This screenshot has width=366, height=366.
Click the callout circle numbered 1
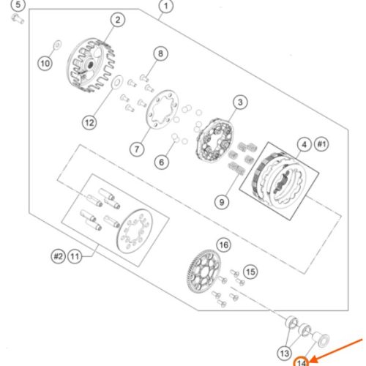(x=166, y=6)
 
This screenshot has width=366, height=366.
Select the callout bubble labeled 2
(x=118, y=20)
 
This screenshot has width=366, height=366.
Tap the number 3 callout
(x=240, y=102)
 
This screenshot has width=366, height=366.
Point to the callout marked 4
(x=305, y=145)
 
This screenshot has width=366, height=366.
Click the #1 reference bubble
(x=321, y=144)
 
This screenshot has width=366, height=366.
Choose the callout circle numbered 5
(x=18, y=5)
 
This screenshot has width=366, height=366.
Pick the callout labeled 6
(x=162, y=162)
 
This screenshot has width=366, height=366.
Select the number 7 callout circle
(x=137, y=149)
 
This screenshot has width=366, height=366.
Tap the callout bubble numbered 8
(x=160, y=53)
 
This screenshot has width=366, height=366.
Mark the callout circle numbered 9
(x=222, y=202)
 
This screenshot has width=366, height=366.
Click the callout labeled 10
(x=45, y=64)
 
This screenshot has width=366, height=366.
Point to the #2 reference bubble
(x=58, y=256)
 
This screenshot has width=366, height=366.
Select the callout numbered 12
(x=89, y=122)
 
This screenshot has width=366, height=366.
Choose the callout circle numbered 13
(x=285, y=354)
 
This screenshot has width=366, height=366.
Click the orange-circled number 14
(x=302, y=362)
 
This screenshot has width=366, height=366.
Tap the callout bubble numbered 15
(x=250, y=272)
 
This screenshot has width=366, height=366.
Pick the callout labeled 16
(x=224, y=244)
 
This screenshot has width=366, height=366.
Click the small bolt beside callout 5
(x=18, y=19)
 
